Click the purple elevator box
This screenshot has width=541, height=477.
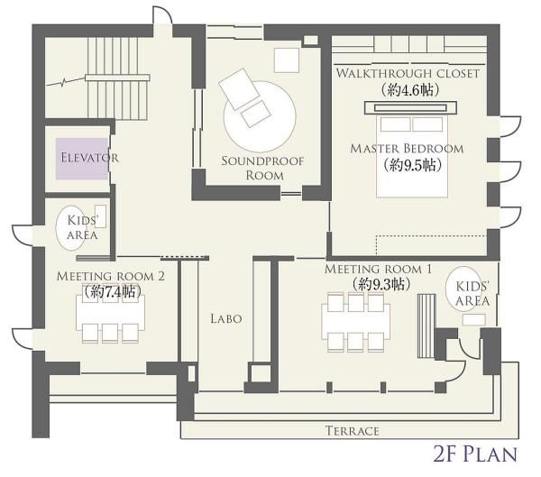(x=82, y=159)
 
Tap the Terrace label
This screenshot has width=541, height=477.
(x=353, y=431)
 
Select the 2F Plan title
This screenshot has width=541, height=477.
(x=476, y=454)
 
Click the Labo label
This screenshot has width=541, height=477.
(x=226, y=318)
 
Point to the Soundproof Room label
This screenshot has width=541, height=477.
(x=263, y=168)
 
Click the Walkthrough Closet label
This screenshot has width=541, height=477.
(x=408, y=73)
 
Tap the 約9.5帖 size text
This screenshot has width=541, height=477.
(x=412, y=165)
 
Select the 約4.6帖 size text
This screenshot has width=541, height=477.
(x=410, y=90)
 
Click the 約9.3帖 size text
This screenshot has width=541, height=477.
(x=381, y=284)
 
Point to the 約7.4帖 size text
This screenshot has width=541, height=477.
(x=113, y=291)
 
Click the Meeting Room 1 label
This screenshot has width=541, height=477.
(x=378, y=269)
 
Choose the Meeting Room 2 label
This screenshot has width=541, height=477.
(x=110, y=276)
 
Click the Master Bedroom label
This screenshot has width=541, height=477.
(x=407, y=149)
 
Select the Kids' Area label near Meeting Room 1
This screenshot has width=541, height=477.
(x=472, y=294)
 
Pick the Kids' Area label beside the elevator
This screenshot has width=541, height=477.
(x=82, y=227)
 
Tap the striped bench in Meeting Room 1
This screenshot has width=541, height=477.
(x=426, y=326)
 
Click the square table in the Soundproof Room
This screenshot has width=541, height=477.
(x=287, y=60)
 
